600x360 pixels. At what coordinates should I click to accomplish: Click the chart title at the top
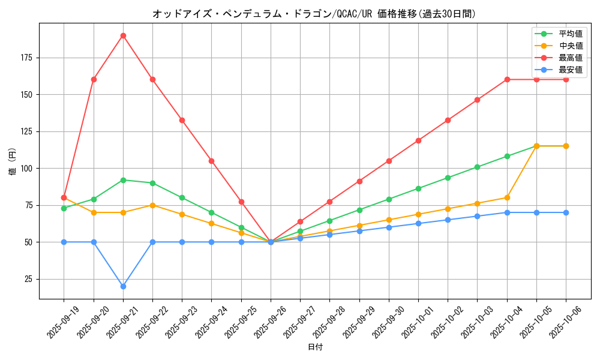(314, 13)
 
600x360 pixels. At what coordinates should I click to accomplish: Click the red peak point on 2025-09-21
(123, 35)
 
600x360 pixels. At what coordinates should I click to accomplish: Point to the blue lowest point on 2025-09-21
(123, 286)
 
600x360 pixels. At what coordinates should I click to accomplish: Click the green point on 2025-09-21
(123, 180)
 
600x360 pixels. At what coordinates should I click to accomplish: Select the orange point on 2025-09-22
(152, 205)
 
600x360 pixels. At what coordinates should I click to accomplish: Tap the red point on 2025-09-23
(182, 120)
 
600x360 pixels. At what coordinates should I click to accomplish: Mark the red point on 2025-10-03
(477, 100)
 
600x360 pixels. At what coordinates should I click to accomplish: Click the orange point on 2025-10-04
(507, 197)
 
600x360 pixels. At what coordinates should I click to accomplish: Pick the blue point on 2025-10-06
(566, 212)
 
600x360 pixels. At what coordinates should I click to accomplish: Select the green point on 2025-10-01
(418, 188)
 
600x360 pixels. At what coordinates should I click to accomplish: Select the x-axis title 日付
(315, 347)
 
